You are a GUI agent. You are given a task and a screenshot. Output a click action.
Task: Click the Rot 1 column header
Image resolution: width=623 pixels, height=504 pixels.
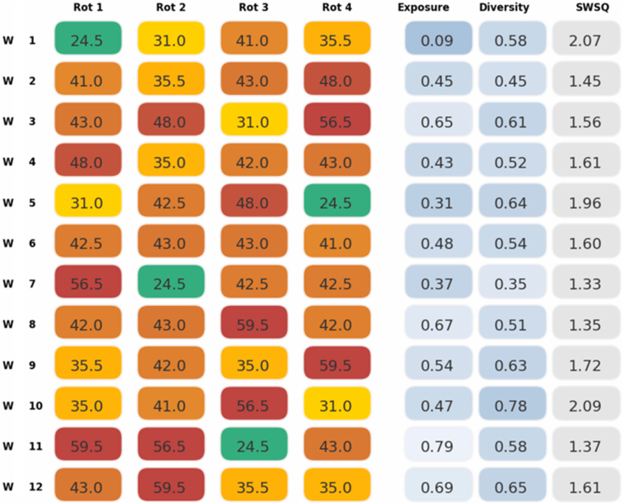click(x=88, y=8)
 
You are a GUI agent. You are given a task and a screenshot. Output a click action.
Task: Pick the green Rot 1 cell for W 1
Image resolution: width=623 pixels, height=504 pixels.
click(x=88, y=39)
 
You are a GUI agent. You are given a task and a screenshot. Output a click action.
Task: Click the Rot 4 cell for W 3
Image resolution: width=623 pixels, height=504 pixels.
click(x=337, y=121)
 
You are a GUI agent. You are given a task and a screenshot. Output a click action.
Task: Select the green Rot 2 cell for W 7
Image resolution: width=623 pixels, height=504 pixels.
click(x=172, y=284)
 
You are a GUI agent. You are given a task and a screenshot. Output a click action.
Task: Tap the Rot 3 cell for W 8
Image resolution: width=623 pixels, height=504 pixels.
click(x=254, y=325)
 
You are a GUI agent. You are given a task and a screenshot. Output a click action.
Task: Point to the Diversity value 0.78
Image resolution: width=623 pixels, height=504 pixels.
click(x=511, y=406)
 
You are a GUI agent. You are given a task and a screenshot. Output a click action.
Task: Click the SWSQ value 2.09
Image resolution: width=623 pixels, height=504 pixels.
click(x=585, y=406)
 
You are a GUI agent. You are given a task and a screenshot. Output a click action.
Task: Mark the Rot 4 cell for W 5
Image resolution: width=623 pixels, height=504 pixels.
click(x=337, y=202)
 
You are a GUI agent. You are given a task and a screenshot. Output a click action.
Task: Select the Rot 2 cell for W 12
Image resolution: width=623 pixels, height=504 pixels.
click(x=172, y=488)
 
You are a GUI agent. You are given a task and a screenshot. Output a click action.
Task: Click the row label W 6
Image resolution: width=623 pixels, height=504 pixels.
click(x=20, y=243)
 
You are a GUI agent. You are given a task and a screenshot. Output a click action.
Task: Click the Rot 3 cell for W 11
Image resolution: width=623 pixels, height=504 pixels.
click(x=254, y=447)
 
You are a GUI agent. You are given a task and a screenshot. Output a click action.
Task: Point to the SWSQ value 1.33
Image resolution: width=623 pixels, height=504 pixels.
click(x=585, y=284)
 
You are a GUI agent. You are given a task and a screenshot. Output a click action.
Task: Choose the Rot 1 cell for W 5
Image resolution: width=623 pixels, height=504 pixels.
click(x=88, y=202)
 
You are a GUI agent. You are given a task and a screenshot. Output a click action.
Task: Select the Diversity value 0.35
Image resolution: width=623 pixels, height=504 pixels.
click(x=511, y=284)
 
